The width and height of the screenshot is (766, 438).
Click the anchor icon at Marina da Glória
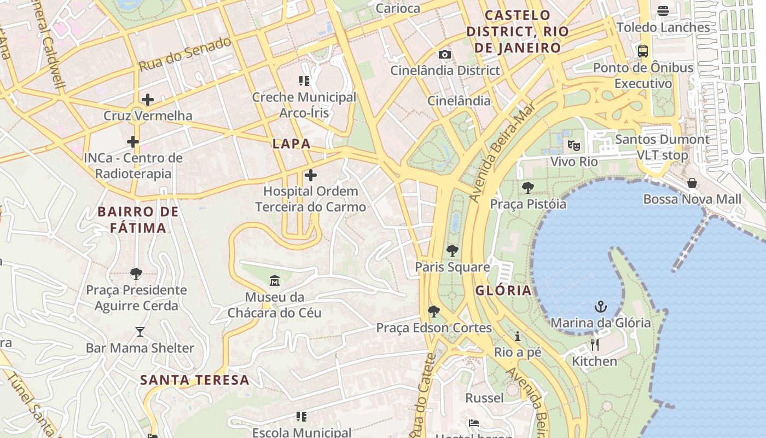(601, 306)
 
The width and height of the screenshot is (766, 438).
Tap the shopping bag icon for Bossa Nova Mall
(692, 182)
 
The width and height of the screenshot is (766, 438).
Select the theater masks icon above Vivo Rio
(573, 145)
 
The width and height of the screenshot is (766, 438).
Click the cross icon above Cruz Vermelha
(147, 100)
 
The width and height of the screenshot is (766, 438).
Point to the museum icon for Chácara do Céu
(275, 281)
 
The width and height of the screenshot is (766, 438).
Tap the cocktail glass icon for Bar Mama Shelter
(140, 332)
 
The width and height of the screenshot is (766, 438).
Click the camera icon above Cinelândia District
(445, 54)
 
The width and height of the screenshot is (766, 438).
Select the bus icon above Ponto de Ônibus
(643, 51)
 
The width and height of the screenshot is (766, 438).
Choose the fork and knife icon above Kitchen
(595, 345)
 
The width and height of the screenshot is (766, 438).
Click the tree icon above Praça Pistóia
(528, 188)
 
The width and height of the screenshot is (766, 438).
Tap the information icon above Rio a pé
(518, 336)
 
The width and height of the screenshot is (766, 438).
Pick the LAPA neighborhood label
(292, 144)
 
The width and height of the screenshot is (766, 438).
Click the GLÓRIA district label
(503, 290)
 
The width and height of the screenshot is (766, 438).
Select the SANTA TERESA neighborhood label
(195, 380)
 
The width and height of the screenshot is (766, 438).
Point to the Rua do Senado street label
(185, 54)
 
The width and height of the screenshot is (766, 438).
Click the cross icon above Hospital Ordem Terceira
(311, 175)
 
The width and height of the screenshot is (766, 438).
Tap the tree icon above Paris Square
(452, 251)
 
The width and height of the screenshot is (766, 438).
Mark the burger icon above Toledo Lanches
(663, 11)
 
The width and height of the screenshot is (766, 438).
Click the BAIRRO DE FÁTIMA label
(138, 220)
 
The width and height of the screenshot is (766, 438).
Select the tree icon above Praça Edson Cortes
(434, 312)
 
